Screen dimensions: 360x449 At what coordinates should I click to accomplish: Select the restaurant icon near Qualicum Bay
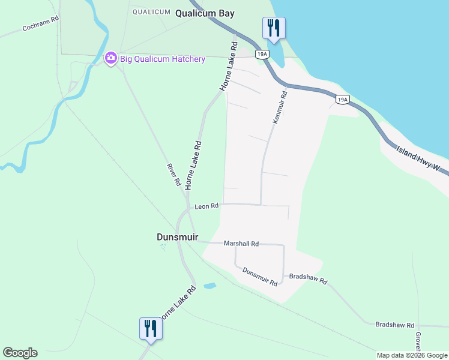(274, 28)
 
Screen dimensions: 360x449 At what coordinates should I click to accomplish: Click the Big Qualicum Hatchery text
(162, 59)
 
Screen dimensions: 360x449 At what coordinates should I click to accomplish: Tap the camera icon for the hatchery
(110, 58)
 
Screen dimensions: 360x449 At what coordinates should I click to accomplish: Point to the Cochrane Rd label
(40, 28)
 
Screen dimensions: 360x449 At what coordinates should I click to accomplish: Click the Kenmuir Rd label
(280, 107)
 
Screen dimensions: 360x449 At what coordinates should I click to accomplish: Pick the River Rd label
(173, 173)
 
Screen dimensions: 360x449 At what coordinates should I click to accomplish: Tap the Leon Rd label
(206, 206)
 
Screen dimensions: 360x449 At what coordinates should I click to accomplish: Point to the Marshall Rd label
(241, 244)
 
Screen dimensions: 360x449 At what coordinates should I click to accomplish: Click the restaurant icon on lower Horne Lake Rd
(149, 328)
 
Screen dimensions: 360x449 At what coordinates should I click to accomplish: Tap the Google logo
(20, 353)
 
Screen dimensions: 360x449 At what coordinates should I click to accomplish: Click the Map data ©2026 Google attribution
(412, 355)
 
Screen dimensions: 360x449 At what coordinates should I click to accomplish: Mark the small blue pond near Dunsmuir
(209, 286)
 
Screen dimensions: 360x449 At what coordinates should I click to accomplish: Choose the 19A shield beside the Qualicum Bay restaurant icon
(261, 54)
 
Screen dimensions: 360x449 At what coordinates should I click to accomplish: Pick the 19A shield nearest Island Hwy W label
(342, 100)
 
